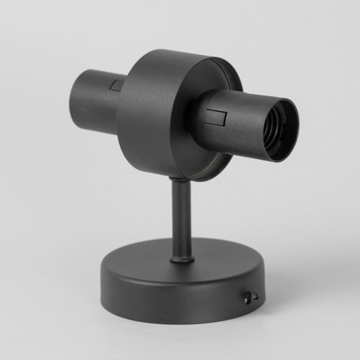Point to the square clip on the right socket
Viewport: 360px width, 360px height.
pos(217,118)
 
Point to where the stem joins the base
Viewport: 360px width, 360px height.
pos(181,259)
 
